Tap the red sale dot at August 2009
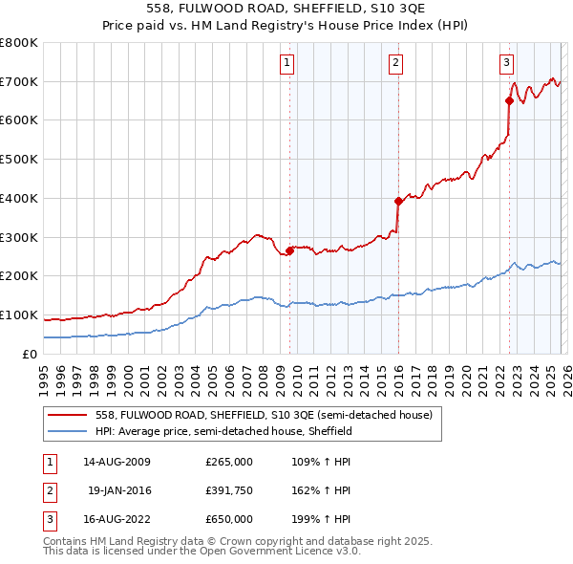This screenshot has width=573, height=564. point(289,250)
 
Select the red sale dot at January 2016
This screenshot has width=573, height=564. point(398,201)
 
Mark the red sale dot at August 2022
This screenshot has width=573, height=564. point(509,100)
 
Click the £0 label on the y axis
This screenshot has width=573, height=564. point(30,354)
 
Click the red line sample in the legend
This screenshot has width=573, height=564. point(68,415)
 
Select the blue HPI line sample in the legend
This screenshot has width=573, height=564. point(68,431)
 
